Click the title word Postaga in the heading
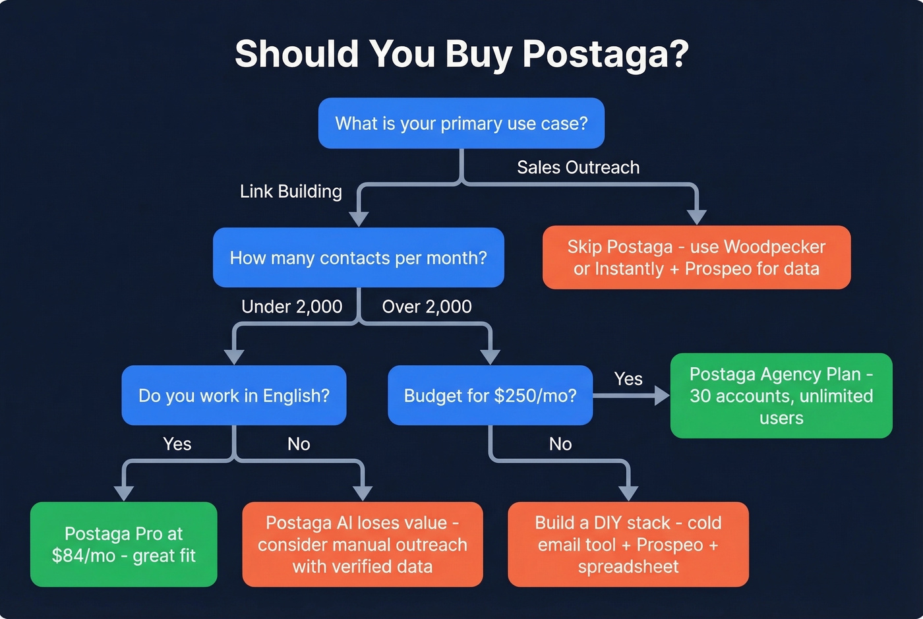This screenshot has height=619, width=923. coord(605,53)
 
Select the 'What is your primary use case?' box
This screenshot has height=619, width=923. coord(461,123)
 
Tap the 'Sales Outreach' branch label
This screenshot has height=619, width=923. coord(578,167)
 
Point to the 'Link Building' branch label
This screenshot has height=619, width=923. coord(291,191)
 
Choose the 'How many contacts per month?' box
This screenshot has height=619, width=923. coord(358,258)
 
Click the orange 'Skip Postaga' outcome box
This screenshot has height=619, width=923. coord(696,258)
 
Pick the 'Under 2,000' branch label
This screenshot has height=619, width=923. coord(291,307)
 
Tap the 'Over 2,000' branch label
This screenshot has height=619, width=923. coord(427,307)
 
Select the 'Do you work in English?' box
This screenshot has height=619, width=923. coord(234,396)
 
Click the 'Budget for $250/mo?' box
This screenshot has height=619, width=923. coord(490,396)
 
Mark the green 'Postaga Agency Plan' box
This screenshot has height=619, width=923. coord(781,396)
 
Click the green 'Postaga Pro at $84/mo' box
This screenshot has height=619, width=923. coord(124,545)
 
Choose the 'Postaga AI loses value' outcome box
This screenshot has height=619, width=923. coord(363,545)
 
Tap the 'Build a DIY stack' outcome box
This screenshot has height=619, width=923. coord(628,545)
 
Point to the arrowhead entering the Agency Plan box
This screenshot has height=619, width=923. coord(662,396)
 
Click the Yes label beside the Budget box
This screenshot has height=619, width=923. coord(628,379)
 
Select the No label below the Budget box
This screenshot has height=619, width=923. coord(560,444)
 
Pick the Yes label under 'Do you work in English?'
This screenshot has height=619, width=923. coord(177,444)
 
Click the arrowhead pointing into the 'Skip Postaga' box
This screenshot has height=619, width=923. coord(696,217)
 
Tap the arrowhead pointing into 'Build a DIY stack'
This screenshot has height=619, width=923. coord(628,493)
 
